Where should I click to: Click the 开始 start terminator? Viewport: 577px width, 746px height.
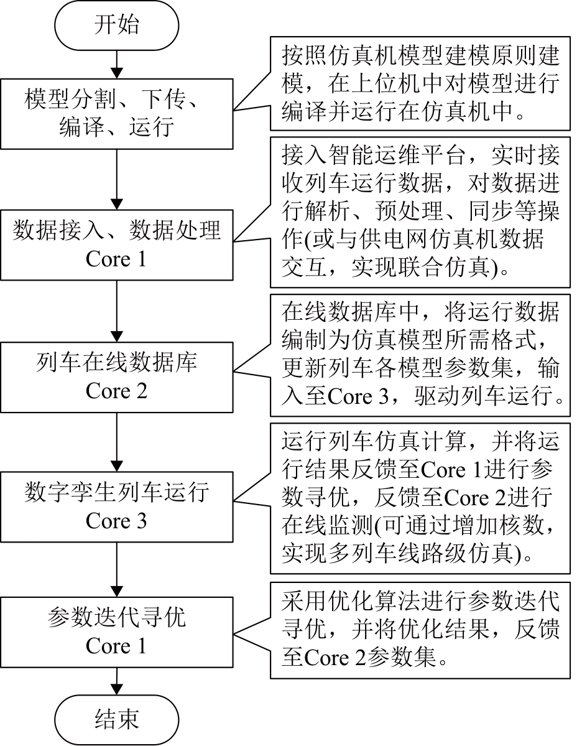point(116,26)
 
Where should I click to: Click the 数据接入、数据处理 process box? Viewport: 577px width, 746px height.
point(116,244)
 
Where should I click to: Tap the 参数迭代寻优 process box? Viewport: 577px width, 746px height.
point(116,632)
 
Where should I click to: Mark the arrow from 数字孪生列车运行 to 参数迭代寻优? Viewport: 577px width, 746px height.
point(116,571)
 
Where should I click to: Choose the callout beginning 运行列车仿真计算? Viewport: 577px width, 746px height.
point(420,498)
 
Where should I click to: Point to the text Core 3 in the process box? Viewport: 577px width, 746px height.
point(116,521)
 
